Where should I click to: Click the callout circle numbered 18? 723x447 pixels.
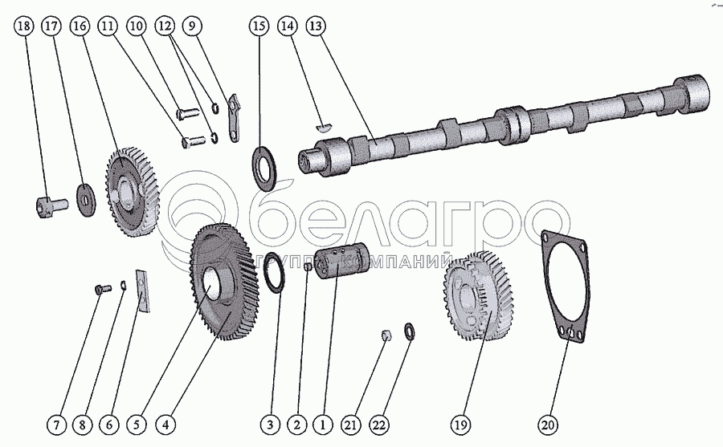24,26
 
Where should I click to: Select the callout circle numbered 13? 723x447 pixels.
316,26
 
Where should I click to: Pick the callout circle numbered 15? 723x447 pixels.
259,26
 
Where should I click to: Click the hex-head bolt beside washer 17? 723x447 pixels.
46,207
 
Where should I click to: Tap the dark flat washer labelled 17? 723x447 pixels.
84,195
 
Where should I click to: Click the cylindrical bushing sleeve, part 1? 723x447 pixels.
337,264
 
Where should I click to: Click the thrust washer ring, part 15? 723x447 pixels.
263,166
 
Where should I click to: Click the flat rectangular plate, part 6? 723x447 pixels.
144,290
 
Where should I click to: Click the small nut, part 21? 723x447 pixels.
386,335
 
